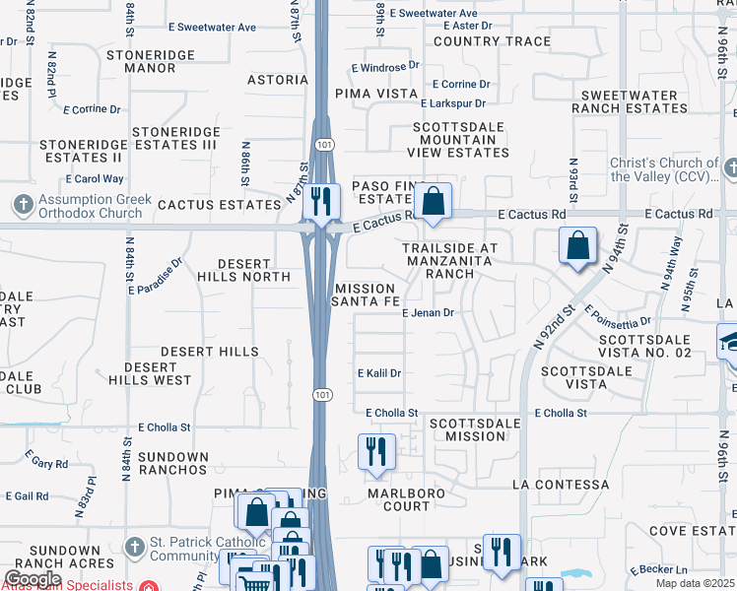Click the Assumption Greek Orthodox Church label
click(83, 206)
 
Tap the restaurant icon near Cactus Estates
click(321, 202)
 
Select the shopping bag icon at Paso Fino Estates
click(433, 202)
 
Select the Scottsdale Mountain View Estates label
click(458, 140)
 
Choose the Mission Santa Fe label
click(365, 295)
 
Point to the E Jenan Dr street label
click(427, 313)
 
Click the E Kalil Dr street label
click(379, 373)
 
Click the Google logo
click(33, 579)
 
